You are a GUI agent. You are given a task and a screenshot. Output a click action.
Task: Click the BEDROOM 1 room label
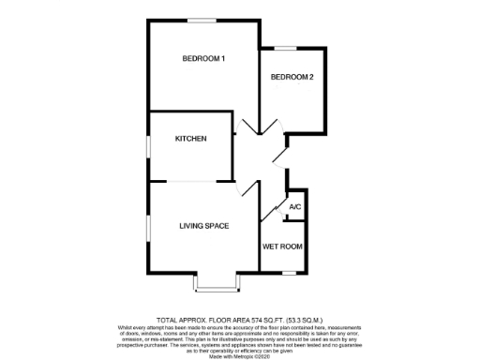coord(203,59)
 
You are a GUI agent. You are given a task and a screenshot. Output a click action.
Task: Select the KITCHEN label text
coord(190,138)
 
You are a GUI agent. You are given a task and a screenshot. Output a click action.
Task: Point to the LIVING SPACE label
coord(204,226)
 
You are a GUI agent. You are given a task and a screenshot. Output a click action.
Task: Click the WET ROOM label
coord(282,247)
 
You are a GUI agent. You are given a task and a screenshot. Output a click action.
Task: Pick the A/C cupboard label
coord(294,207)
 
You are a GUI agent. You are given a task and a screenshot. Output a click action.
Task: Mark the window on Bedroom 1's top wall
coord(201,20)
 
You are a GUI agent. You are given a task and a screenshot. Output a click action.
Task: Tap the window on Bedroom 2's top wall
coord(285,48)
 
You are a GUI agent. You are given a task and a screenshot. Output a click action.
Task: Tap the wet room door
coord(275,208)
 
